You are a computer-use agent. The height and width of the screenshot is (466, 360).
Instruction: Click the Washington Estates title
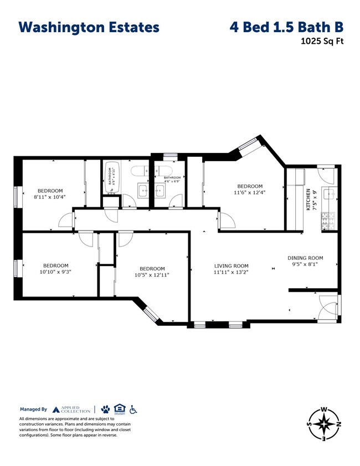tap(89, 27)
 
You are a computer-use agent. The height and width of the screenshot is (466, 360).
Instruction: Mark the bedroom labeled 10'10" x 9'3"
tap(56, 268)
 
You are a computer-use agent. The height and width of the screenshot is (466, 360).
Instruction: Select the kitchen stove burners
tap(325, 221)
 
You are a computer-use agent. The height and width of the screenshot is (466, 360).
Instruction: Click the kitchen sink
tap(329, 194)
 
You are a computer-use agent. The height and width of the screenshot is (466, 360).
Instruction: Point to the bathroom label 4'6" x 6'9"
tap(172, 180)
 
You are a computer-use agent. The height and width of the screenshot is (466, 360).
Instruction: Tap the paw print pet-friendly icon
tap(105, 409)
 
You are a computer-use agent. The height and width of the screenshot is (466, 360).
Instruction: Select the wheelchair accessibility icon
tap(133, 409)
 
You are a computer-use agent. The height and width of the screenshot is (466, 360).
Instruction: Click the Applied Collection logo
tap(73, 409)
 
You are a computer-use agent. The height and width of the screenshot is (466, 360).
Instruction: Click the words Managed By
tap(34, 409)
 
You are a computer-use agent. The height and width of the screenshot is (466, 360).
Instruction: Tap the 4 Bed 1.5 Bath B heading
tap(286, 27)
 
